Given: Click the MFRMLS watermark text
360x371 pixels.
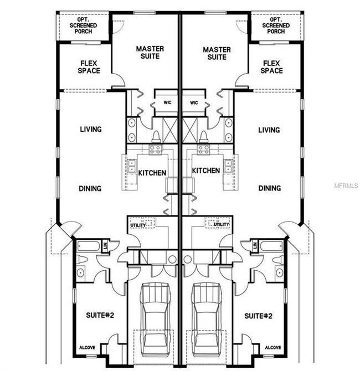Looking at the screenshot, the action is pyautogui.click(x=346, y=185).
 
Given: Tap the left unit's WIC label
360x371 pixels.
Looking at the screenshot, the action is pyautogui.click(x=167, y=102).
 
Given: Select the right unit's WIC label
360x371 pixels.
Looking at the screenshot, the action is pyautogui.click(x=194, y=103).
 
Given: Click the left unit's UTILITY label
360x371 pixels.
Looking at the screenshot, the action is pyautogui.click(x=138, y=225).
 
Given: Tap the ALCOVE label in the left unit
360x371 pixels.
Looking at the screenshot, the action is pyautogui.click(x=88, y=348).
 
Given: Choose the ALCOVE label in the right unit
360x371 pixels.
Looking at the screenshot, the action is pyautogui.click(x=273, y=348).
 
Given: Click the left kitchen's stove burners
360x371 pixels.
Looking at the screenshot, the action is pyautogui.click(x=156, y=150).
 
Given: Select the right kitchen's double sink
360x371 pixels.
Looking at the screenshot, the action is pyautogui.click(x=228, y=166).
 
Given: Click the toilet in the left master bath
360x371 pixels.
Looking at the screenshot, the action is pyautogui.click(x=156, y=137).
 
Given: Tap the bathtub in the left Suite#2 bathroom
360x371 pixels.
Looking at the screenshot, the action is pyautogui.click(x=88, y=246).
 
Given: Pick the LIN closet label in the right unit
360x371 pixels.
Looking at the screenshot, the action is pyautogui.click(x=255, y=245).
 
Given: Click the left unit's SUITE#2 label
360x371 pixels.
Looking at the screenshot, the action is pyautogui.click(x=100, y=315).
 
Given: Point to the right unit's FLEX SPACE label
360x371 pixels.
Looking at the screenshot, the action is pyautogui.click(x=272, y=67).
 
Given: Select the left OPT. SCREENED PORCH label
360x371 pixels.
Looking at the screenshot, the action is pyautogui.click(x=83, y=25).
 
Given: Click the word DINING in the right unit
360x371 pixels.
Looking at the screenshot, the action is pyautogui.click(x=270, y=188).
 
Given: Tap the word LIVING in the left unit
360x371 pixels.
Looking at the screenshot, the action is pyautogui.click(x=91, y=129).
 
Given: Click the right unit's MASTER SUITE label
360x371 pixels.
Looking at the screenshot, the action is pyautogui.click(x=217, y=53).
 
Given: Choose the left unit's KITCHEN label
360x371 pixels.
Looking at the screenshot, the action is pyautogui.click(x=152, y=173).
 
